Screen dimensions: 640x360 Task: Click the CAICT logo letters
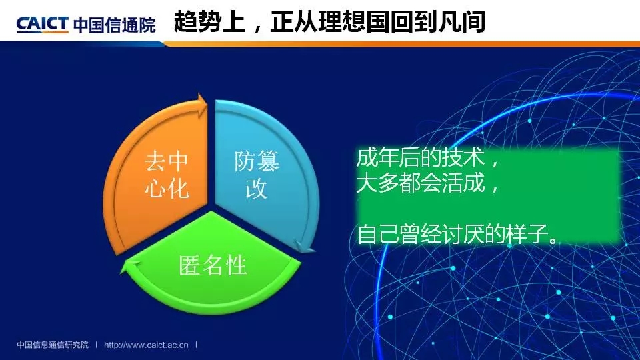[x=42, y=25]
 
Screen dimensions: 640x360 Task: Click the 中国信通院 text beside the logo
[x=115, y=25]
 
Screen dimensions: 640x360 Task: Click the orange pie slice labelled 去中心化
[x=159, y=175]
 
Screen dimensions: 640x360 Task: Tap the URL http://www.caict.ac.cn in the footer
[x=146, y=345]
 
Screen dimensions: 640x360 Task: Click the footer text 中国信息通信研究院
[x=53, y=345]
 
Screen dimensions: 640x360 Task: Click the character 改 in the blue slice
[x=257, y=188]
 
